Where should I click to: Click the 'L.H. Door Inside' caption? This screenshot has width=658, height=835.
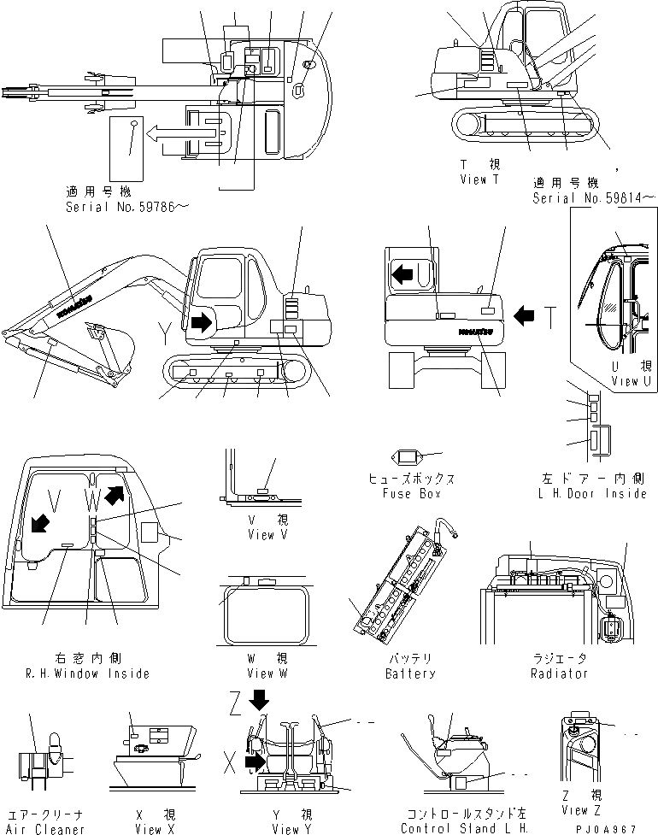click(591, 494)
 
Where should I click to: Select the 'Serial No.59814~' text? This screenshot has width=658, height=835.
click(593, 198)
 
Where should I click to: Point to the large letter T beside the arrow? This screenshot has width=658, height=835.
click(554, 317)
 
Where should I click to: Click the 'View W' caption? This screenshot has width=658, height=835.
click(261, 673)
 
